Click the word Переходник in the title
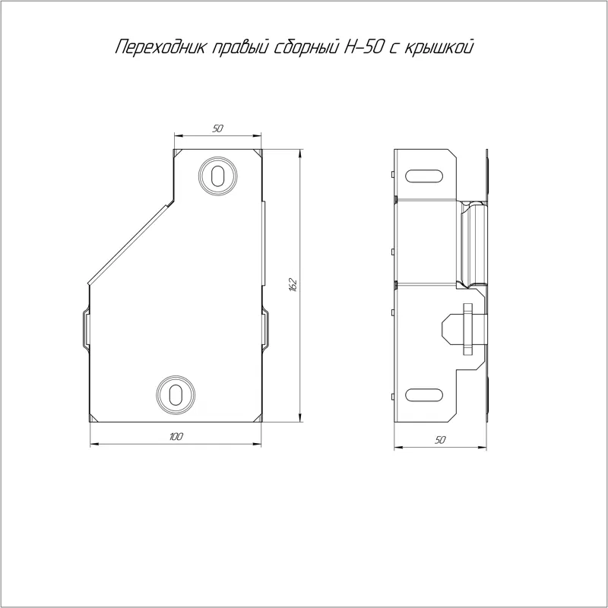pos(161,47)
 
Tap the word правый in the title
pos(242,48)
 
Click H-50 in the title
pos(364,46)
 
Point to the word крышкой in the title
pos(439,46)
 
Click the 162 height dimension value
pos(293,284)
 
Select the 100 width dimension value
pos(176,436)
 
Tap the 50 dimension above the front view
pos(218,128)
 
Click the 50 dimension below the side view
pos(440,440)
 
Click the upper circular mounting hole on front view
pos(218,176)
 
